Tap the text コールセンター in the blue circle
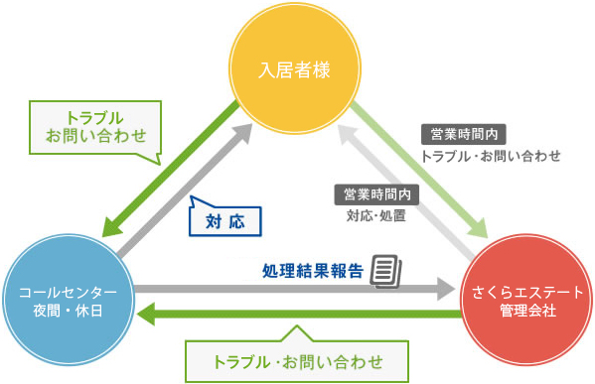click(68, 293)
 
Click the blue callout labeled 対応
click(224, 217)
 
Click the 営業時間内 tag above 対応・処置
click(376, 192)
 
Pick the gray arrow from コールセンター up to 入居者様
click(189, 188)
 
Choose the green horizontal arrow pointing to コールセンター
click(298, 316)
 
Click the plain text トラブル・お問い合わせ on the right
click(492, 155)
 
